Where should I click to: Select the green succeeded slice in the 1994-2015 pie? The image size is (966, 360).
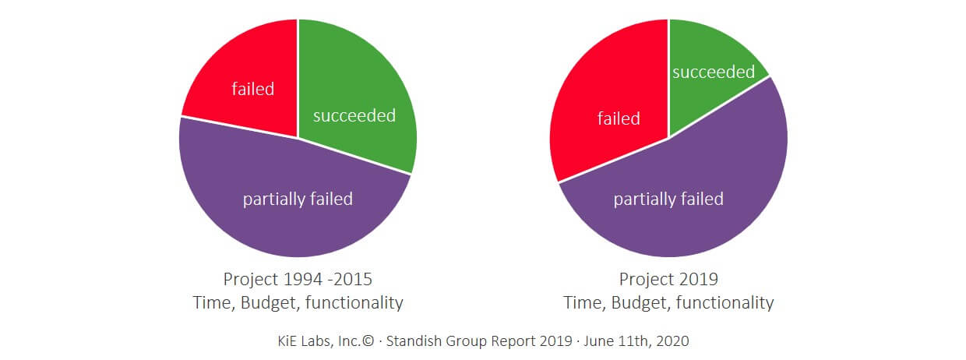(x=358, y=86)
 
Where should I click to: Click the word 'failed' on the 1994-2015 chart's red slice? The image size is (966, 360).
(x=253, y=89)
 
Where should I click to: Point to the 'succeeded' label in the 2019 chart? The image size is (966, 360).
(x=714, y=72)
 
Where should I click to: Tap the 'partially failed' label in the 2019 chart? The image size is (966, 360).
(x=668, y=199)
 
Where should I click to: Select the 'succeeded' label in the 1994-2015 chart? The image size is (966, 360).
(x=354, y=116)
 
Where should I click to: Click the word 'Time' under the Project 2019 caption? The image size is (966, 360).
(x=583, y=303)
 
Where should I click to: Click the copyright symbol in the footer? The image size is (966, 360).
(x=364, y=341)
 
